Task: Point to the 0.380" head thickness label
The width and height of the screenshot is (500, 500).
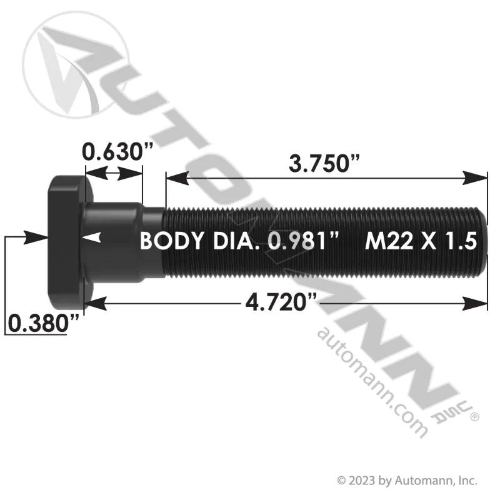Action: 43,322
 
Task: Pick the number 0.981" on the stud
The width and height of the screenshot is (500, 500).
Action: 303,241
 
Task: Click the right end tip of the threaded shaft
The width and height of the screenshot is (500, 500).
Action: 487,242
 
